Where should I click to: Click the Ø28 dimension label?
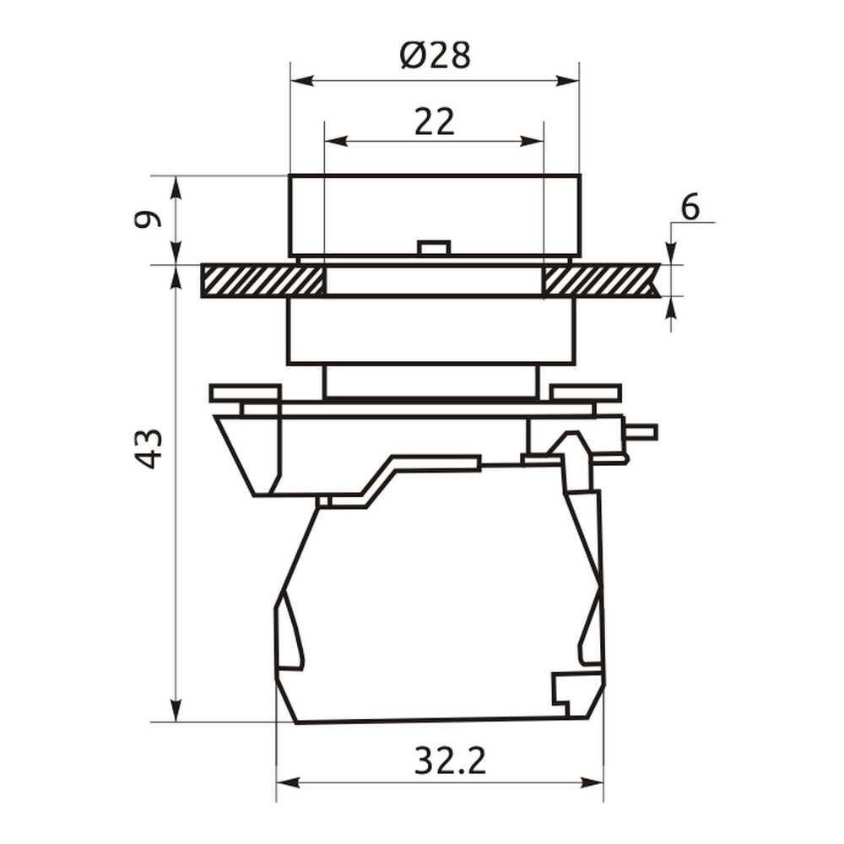[436, 56]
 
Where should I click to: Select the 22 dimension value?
[435, 122]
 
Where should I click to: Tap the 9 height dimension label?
[148, 219]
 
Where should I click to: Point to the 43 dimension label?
[148, 448]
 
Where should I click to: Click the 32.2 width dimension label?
[450, 760]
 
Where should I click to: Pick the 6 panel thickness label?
[690, 208]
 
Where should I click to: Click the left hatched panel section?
[262, 280]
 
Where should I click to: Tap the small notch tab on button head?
[434, 247]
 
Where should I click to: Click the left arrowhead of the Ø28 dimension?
[301, 81]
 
